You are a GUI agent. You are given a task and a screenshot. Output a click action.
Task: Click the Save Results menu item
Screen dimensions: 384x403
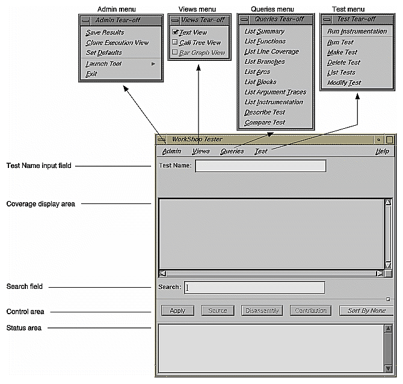(x=105, y=33)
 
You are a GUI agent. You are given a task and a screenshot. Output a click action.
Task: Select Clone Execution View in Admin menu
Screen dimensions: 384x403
(x=117, y=43)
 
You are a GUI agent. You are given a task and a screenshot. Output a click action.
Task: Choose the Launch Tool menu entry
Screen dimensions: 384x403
(x=103, y=63)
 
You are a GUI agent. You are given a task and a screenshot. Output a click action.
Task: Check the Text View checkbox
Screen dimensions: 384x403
(x=175, y=33)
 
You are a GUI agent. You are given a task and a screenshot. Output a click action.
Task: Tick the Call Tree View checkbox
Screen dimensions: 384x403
(x=175, y=43)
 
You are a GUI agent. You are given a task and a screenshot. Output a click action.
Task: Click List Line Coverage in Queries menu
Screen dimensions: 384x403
(x=271, y=52)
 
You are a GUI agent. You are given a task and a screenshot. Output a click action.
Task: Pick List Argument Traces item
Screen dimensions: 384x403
(x=275, y=92)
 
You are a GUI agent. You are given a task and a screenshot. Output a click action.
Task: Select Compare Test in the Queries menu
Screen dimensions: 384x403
(x=265, y=122)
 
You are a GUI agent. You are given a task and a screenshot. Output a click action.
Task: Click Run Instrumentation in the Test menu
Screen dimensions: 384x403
(x=357, y=31)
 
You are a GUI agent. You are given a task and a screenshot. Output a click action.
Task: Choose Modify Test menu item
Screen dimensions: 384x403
(x=344, y=82)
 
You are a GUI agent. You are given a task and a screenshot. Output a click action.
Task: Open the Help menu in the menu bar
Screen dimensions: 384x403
(x=382, y=152)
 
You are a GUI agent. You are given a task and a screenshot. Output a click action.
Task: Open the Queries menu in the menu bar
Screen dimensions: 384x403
(x=232, y=152)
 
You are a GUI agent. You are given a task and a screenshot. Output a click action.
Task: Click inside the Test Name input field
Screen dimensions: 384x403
(x=260, y=166)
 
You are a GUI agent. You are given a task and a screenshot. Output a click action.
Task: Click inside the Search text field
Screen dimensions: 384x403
(x=254, y=288)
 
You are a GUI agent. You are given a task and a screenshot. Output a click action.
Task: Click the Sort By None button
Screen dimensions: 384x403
(x=366, y=311)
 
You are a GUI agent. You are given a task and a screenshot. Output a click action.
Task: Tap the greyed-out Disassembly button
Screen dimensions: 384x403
(x=261, y=311)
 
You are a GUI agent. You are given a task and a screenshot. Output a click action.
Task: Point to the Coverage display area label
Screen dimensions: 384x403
(x=40, y=204)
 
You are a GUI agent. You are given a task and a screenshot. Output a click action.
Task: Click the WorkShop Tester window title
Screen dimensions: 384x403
(x=197, y=139)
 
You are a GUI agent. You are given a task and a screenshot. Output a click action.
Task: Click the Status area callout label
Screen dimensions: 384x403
(x=25, y=327)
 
